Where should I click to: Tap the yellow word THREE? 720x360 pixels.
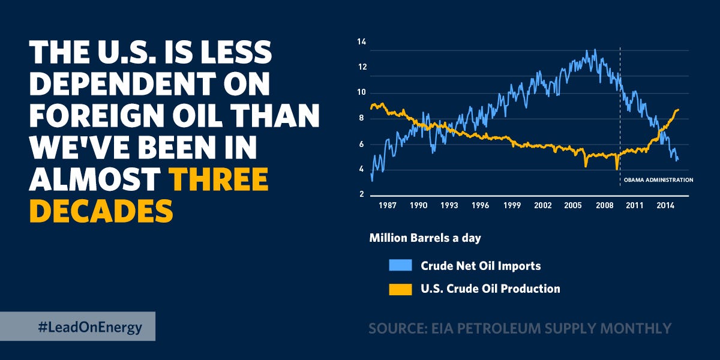coord(218,178)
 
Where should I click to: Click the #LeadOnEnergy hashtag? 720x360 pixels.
coord(89,327)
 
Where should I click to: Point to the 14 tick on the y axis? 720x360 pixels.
coord(361,41)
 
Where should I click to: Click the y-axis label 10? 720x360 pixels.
coord(361,93)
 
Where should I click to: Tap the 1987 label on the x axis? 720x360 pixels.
coord(388,205)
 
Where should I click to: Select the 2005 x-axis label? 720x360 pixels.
coord(574,205)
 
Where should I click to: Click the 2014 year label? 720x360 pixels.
coord(665,205)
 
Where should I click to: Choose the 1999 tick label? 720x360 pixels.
coord(512,205)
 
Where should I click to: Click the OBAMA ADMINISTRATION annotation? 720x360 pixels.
coord(655,179)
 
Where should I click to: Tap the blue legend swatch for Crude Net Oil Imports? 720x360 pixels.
coord(400,265)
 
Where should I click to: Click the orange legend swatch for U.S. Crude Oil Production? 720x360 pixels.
coord(400,289)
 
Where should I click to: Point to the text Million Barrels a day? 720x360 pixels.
coord(425,238)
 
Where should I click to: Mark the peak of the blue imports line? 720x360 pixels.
coord(595,50)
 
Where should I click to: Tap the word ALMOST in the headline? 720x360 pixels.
coord(95,178)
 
